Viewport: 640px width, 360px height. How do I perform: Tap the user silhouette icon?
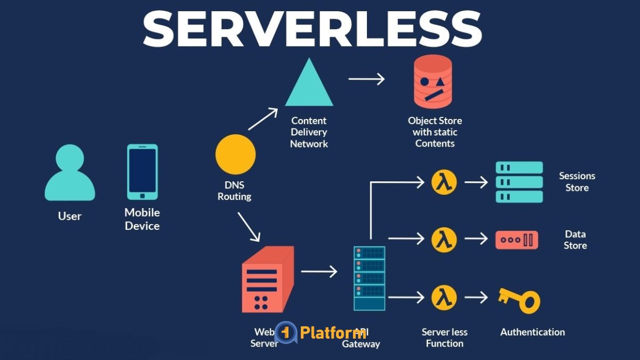coord(69,173)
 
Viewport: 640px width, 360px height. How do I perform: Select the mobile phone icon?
coord(142,171)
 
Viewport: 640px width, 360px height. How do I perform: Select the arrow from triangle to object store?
coord(366,79)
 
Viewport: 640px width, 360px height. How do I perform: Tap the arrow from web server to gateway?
coord(319,271)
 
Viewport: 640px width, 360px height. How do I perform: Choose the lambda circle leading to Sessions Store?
coord(444,182)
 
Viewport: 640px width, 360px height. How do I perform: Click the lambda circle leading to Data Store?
coord(444,239)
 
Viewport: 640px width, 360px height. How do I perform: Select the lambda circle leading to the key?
coord(444,297)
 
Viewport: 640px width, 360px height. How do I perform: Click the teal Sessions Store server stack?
coord(519,182)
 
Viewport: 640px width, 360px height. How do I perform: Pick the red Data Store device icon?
coord(516,240)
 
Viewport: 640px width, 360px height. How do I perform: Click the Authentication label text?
coord(532,332)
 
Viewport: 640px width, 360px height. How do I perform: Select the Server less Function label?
coord(444,338)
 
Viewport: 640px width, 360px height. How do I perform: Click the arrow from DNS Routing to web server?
coord(249,226)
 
